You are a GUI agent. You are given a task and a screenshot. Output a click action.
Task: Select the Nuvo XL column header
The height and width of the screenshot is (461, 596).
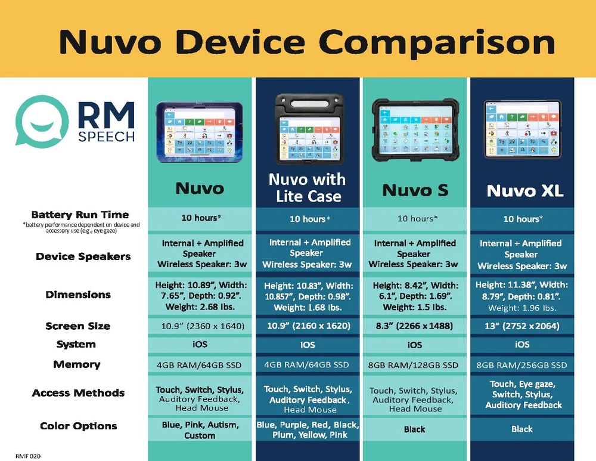coord(524,190)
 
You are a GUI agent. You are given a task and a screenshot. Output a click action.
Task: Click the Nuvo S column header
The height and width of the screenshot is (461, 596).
coord(415,190)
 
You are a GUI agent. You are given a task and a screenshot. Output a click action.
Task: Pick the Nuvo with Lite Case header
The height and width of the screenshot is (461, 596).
coord(308,188)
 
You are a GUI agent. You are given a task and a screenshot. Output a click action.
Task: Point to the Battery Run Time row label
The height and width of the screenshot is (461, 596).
coord(80,215)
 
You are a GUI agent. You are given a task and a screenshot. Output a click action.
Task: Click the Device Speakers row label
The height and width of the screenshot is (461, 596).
coord(83,256)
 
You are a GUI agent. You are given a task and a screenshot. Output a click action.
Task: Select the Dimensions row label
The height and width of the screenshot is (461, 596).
coord(78,295)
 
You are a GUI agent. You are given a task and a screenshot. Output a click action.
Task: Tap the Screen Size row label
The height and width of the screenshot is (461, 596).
coord(77,326)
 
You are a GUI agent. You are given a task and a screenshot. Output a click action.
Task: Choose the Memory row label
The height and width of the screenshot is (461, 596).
coord(76,364)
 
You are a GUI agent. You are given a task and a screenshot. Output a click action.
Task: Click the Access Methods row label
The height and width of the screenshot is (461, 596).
coord(78,393)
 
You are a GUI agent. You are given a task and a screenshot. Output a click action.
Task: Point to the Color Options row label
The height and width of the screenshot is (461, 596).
coord(78,426)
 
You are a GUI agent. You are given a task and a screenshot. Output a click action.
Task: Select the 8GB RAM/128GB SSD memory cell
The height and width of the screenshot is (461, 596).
coord(415,365)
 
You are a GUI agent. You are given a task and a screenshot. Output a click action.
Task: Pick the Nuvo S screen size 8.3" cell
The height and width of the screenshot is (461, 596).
coord(415,326)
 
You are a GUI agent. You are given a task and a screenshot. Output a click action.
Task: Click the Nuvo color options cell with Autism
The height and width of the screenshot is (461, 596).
coord(200,430)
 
